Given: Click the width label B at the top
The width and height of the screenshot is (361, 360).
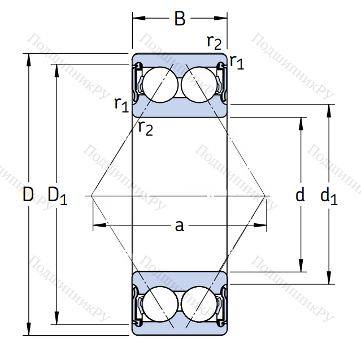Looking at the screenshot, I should click(x=180, y=19).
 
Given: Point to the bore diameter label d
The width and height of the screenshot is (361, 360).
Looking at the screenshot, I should click(x=300, y=196).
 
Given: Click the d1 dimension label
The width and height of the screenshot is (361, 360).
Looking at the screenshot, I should click(x=329, y=196).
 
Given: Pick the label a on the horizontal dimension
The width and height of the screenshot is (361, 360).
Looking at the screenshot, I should click(x=179, y=226).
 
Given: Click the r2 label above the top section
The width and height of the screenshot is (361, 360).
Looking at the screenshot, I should click(x=214, y=41).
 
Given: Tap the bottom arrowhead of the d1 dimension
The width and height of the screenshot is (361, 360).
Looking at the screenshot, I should click(x=329, y=280).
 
